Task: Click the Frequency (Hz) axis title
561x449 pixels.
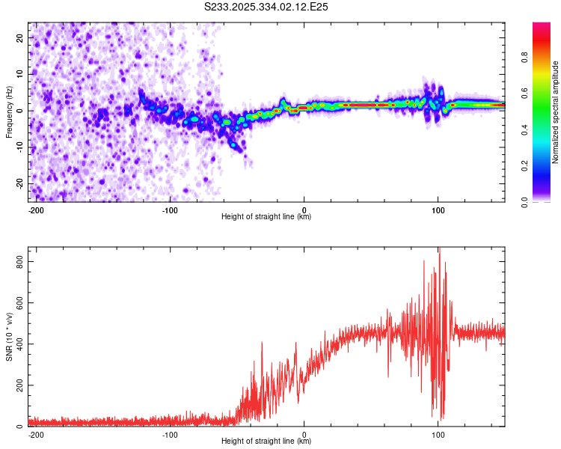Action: pos(9,112)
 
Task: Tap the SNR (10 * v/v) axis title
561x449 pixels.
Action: pos(9,336)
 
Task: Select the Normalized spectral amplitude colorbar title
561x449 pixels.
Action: pos(555,112)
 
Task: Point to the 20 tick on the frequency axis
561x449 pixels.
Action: pos(20,37)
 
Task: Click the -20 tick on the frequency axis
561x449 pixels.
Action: pos(19,183)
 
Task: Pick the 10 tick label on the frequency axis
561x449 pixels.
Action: pos(20,74)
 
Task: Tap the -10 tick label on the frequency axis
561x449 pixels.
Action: pos(19,147)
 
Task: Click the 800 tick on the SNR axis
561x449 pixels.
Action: pos(17,261)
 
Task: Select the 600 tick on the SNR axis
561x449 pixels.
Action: pos(17,302)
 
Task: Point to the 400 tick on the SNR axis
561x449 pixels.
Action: pos(17,344)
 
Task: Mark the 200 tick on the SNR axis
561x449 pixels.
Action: pos(17,385)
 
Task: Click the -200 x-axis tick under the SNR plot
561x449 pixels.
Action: pos(34,434)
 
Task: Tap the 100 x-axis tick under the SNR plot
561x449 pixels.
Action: pos(438,434)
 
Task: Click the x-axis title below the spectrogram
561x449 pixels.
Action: pos(266,217)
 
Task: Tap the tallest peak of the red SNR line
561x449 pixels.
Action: pos(439,249)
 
